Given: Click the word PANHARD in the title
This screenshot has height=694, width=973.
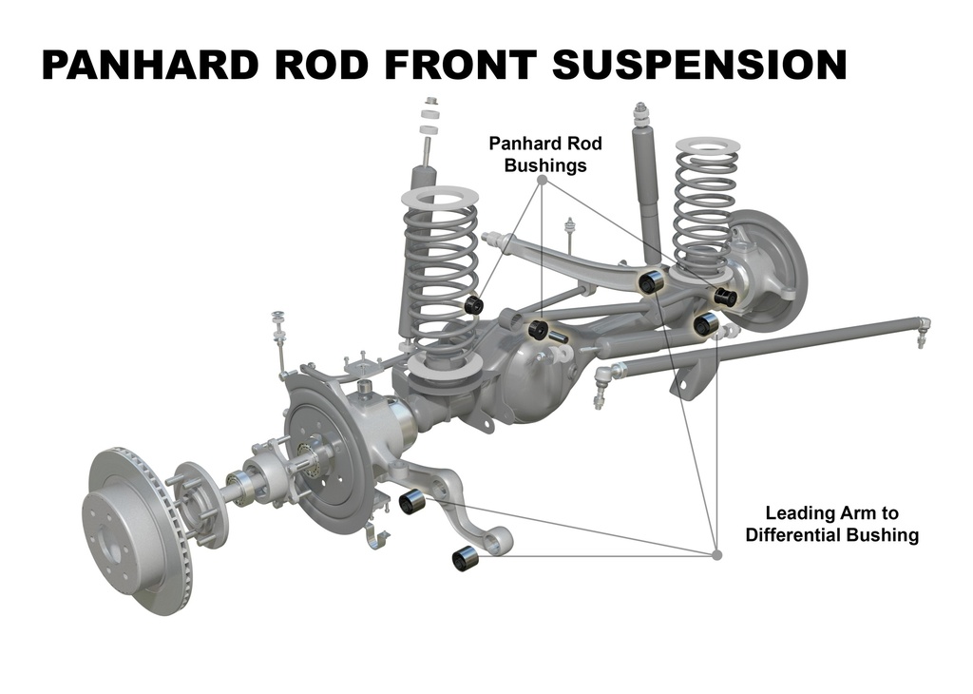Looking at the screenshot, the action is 149,65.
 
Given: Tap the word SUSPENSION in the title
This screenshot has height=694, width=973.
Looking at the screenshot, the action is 699,65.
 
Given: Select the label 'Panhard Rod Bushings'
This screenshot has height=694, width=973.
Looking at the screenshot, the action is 545,155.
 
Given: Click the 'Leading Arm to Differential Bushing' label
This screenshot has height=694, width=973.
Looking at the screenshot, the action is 831,524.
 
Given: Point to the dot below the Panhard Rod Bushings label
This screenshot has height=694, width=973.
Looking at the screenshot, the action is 542,180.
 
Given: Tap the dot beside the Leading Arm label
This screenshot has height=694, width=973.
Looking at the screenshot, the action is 717,555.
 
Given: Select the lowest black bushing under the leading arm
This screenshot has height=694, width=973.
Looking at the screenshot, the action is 467,558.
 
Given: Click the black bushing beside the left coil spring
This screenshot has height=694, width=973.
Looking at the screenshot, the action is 475,305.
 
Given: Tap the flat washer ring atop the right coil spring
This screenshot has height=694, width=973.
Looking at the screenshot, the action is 707,146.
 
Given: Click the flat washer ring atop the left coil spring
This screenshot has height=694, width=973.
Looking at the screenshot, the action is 441,198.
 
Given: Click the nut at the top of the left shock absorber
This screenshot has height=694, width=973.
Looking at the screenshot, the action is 430,101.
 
